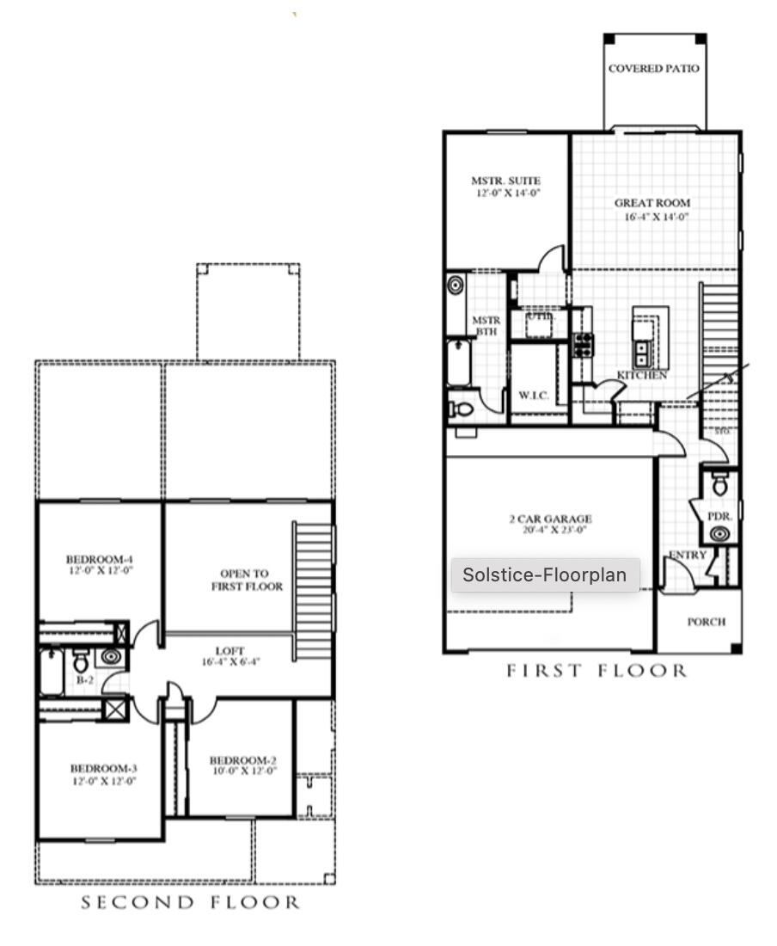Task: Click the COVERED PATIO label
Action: (x=654, y=69)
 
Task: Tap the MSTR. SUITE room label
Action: (x=505, y=181)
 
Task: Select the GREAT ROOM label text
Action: (x=652, y=204)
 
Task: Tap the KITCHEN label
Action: (x=641, y=376)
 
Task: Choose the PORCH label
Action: (x=706, y=622)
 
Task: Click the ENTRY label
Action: (x=688, y=556)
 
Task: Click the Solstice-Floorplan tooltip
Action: (x=545, y=574)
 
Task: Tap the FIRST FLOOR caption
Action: (x=596, y=671)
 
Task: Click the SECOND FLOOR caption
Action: (x=191, y=903)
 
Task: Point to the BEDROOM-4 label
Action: (x=101, y=559)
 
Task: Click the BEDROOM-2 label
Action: (x=242, y=760)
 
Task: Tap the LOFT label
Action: (x=230, y=651)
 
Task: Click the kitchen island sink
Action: (x=642, y=351)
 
